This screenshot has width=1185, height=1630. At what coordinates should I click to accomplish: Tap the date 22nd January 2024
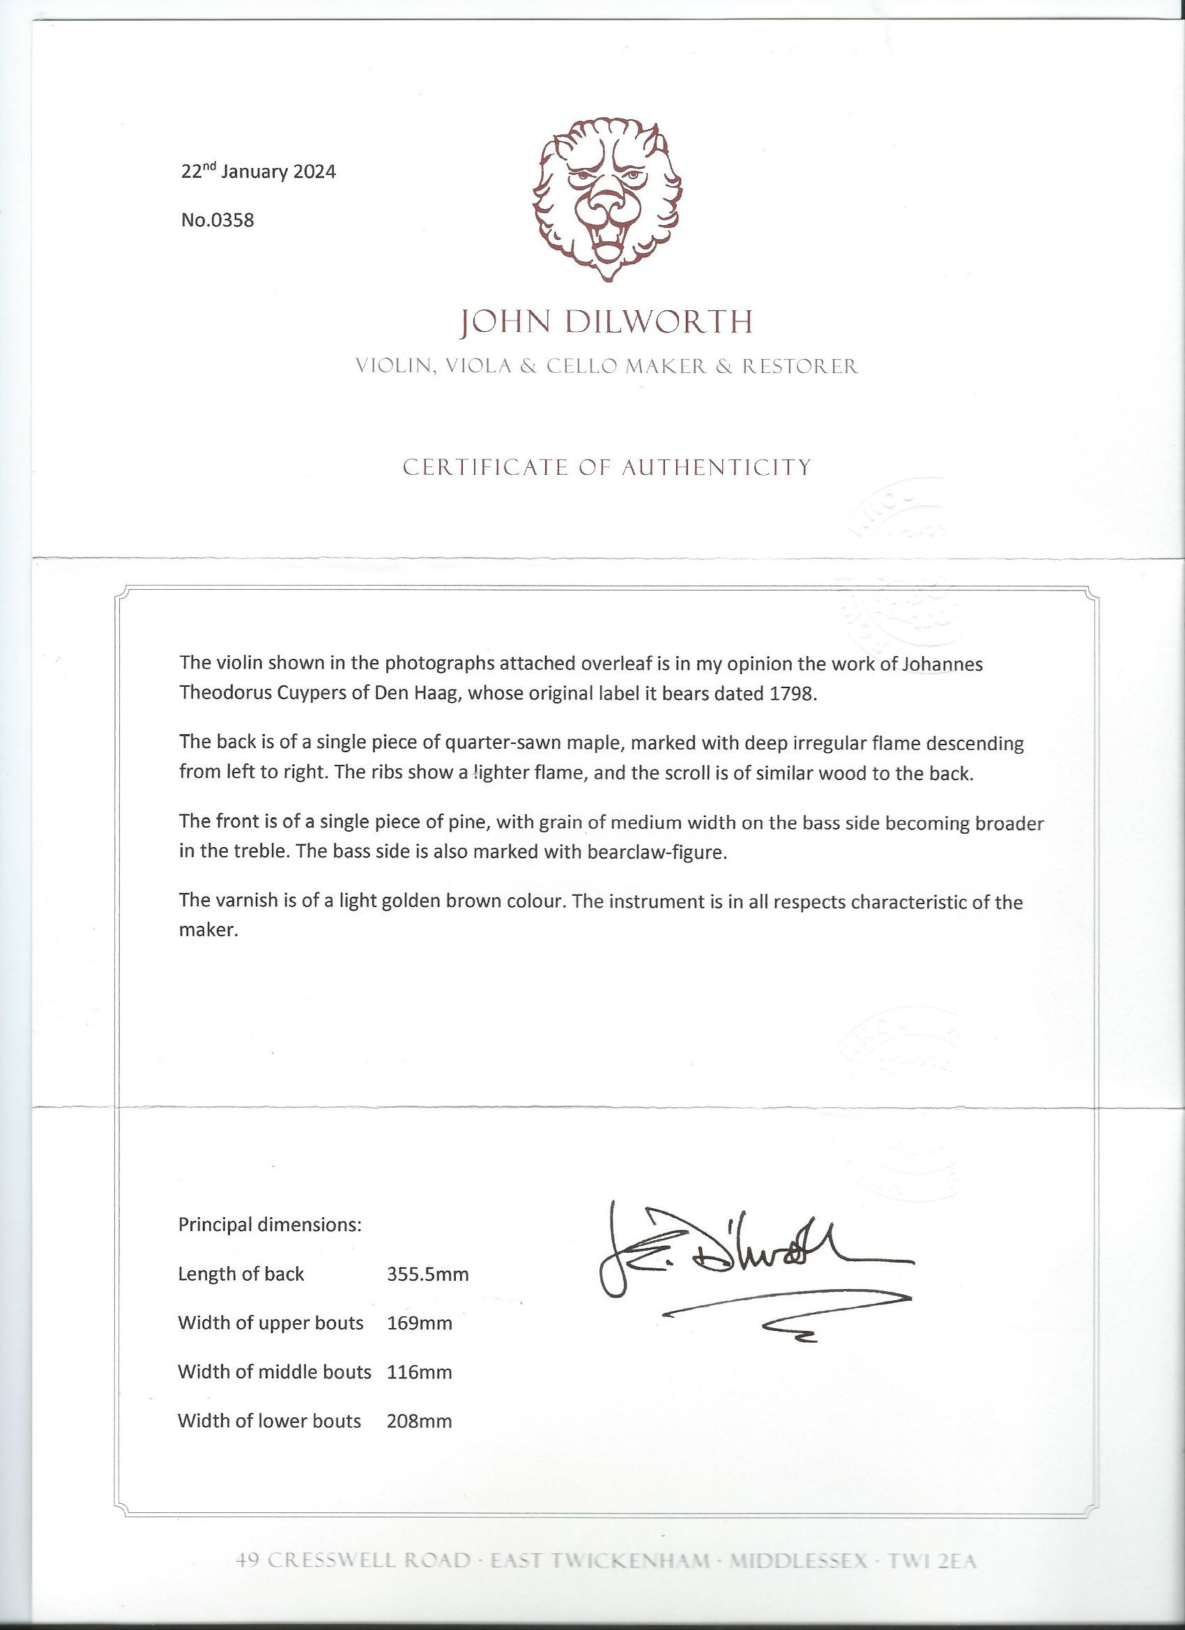point(258,172)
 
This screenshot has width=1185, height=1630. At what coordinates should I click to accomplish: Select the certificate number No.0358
point(217,220)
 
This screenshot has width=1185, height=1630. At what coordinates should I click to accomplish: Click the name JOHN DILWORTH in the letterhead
point(606,323)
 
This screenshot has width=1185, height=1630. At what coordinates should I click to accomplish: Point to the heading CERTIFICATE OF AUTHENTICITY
point(606,468)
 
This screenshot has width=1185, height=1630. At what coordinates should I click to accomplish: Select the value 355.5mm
point(427,1275)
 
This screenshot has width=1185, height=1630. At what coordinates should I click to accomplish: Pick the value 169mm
point(419,1323)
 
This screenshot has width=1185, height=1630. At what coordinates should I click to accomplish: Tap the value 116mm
point(419,1372)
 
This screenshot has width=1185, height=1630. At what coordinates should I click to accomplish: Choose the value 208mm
point(419,1421)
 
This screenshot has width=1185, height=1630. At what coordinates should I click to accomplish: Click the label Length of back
point(240,1274)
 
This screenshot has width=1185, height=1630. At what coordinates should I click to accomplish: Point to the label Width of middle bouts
point(274,1372)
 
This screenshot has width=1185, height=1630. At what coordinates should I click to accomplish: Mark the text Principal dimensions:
point(270,1225)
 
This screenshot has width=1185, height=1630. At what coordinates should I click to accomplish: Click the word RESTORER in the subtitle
point(800,367)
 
